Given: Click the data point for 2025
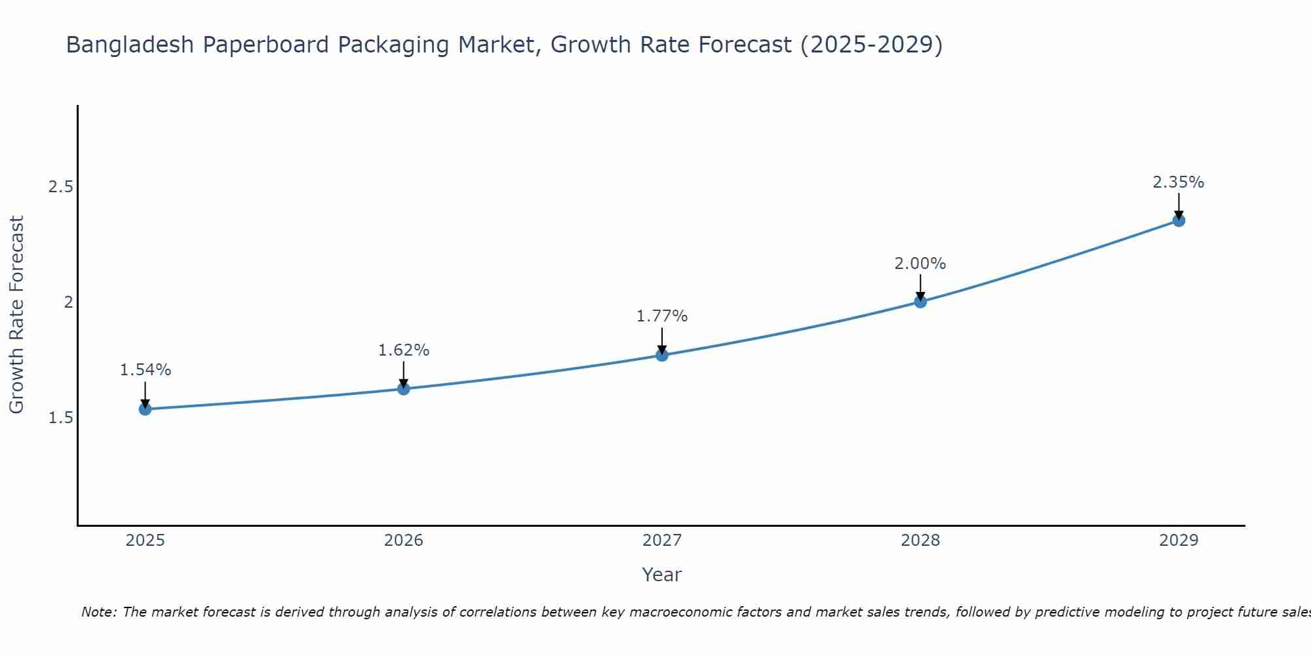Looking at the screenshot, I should tap(145, 409).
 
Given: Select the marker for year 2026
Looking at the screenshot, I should tap(404, 389).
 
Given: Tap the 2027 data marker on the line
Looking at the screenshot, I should tap(662, 355).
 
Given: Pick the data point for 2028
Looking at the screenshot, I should tap(920, 302).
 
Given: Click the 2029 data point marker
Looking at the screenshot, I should tap(1179, 220).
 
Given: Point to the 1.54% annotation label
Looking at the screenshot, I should tap(145, 370).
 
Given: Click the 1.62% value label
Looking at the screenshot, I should tap(404, 350).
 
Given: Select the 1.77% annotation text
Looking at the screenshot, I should tap(662, 316).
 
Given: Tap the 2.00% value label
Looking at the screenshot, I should tap(920, 264).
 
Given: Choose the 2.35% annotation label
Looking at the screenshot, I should tap(1179, 182).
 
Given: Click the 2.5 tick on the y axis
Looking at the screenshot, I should tap(60, 187).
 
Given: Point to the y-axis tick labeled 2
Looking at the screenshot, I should tap(68, 302).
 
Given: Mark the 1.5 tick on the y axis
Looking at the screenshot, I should tap(60, 418).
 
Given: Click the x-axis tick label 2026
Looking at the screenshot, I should tap(404, 541).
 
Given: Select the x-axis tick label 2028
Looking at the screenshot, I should tap(920, 541).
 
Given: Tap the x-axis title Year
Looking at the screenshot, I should tap(662, 575).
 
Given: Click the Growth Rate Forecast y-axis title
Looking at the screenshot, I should tap(16, 315).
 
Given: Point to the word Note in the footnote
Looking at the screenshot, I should tap(98, 612).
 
